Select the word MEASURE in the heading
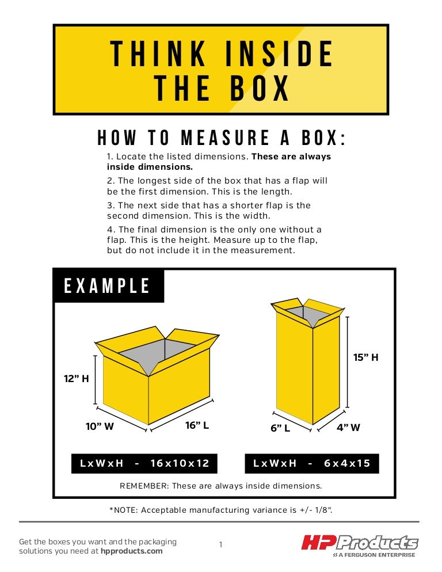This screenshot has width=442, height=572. click(x=225, y=138)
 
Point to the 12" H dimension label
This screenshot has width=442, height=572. click(x=77, y=379)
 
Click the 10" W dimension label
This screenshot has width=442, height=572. click(x=100, y=426)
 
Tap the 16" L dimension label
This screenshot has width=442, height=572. click(x=197, y=425)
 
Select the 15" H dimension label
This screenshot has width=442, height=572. click(x=365, y=357)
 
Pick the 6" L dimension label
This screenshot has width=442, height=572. click(x=280, y=428)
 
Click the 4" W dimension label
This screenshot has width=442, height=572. click(x=348, y=427)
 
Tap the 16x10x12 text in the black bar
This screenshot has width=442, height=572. click(x=180, y=463)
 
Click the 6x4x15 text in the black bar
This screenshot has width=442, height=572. click(x=347, y=463)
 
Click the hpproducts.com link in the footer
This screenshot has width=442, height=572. click(x=132, y=551)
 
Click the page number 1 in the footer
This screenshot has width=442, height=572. click(x=221, y=544)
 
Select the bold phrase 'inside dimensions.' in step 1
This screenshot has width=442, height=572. click(x=150, y=167)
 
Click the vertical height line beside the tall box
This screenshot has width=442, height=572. click(x=347, y=362)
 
